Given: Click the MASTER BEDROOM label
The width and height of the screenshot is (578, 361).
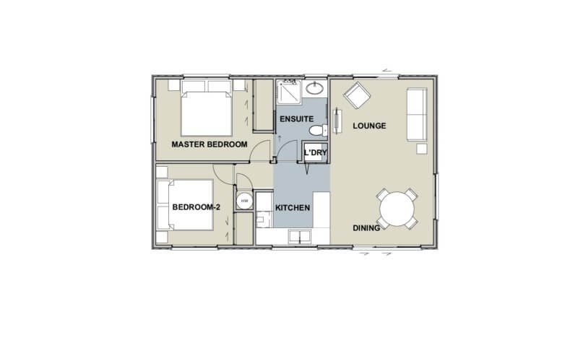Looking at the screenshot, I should [209, 144].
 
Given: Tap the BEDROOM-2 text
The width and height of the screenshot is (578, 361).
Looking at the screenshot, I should [196, 208].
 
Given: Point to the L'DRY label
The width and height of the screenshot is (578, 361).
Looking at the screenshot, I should [315, 153].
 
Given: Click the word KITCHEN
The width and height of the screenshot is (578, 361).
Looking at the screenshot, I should [293, 208].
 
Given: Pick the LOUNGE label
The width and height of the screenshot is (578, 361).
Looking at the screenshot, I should [369, 126].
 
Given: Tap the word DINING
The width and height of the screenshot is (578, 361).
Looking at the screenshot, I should [366, 228].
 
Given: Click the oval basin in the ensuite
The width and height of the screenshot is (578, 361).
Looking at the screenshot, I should [315, 90].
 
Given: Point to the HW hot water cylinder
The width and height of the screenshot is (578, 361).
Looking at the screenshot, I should [243, 201].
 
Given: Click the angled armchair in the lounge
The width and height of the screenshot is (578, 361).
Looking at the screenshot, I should [356, 96].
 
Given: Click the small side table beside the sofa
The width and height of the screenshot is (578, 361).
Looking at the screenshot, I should [422, 149].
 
